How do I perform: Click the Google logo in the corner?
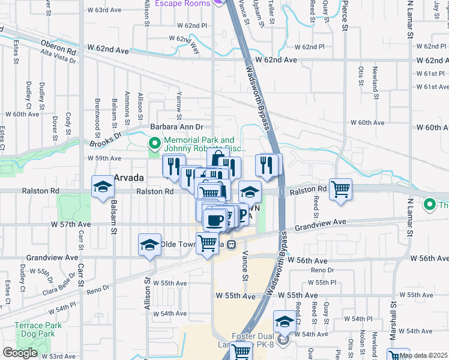19,353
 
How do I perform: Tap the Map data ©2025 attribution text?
424,355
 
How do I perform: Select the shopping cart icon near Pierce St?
340,189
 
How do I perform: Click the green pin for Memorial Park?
154,143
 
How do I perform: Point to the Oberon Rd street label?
59,45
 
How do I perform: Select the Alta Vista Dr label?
58,56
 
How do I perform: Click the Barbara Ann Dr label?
177,127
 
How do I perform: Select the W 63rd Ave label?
104,10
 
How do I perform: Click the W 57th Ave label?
71,224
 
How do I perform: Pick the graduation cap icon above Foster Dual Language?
284,321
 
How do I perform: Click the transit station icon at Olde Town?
230,244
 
